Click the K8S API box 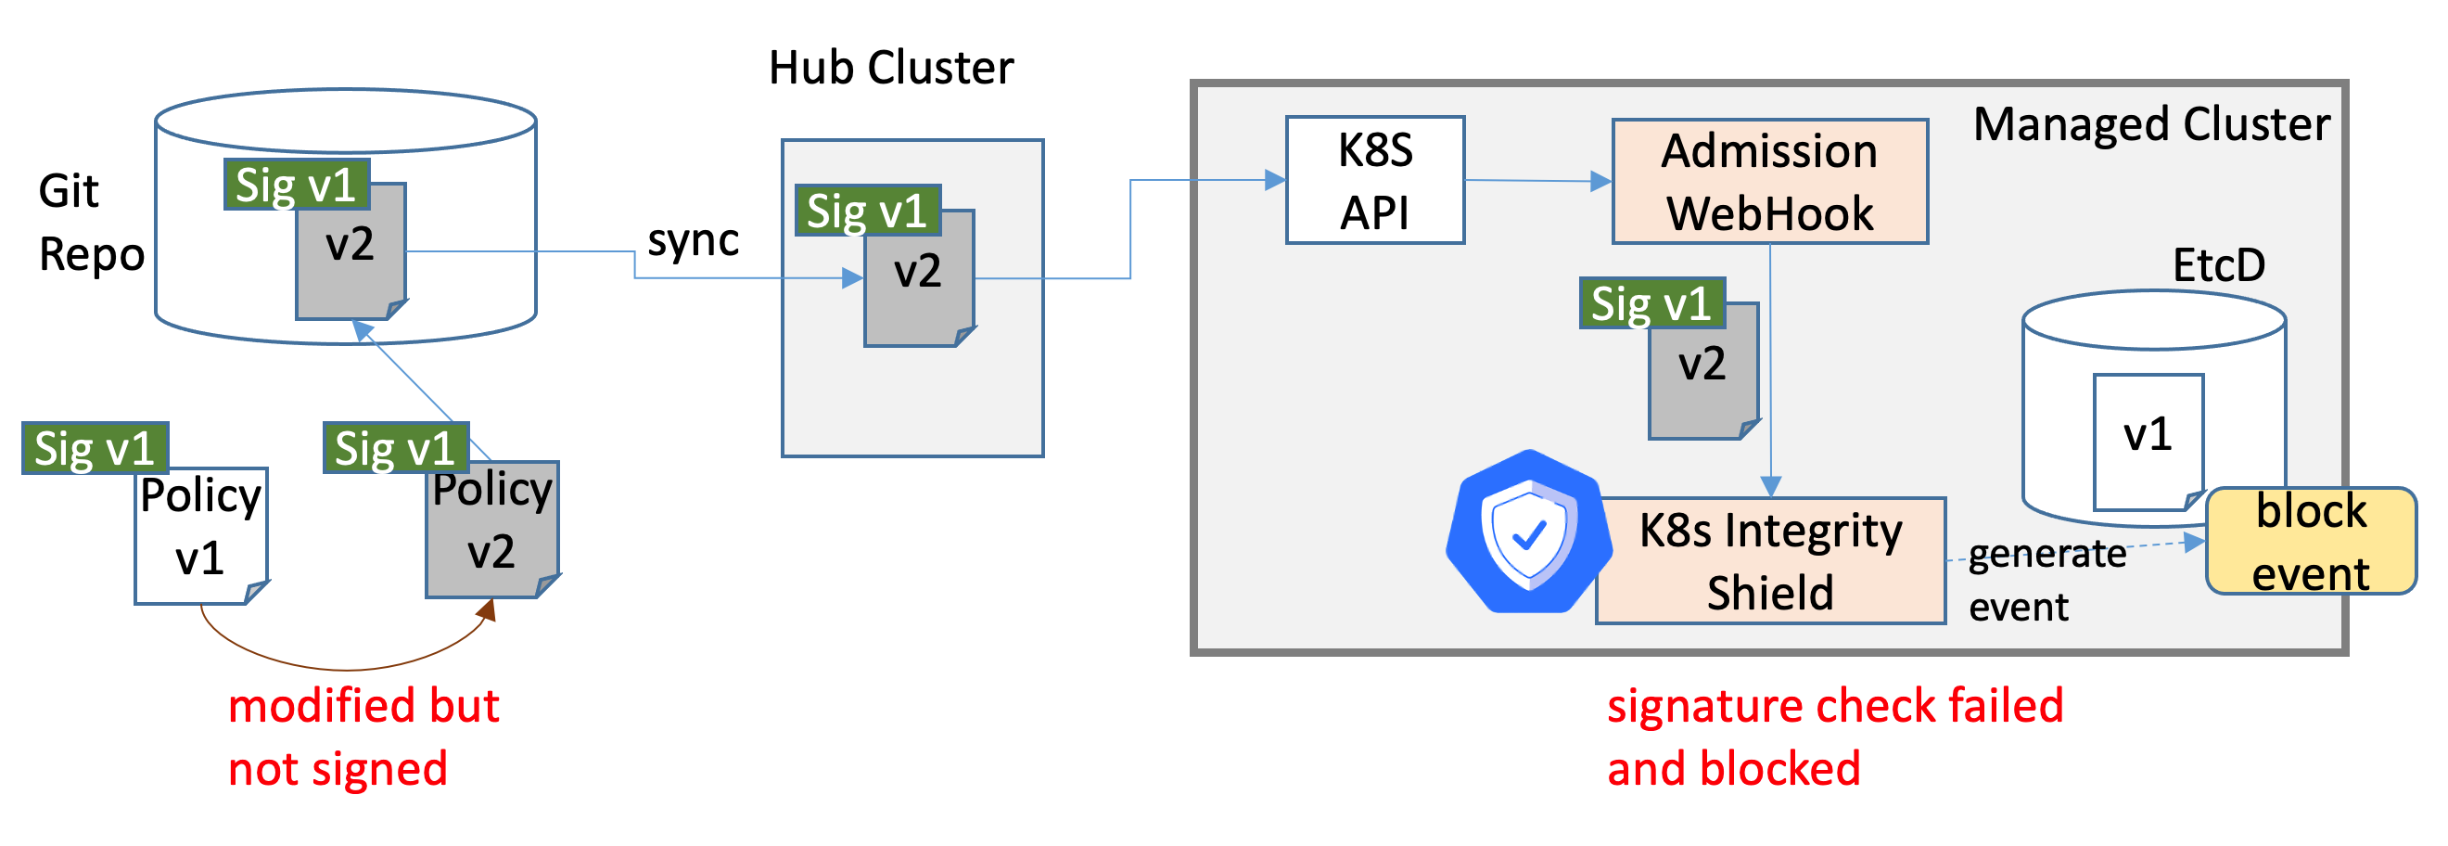pos(1374,181)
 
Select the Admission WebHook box pos(1768,182)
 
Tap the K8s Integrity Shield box pos(1769,561)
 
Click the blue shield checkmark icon pos(1527,533)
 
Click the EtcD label pos(2218,265)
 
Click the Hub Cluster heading pos(890,69)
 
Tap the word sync pos(693,240)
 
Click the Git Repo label pos(90,224)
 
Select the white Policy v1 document pos(200,537)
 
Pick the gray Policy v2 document pos(491,532)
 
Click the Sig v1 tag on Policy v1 pos(94,448)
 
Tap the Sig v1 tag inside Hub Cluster pos(867,210)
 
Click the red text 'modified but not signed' pos(363,737)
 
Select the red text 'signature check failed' pos(1834,706)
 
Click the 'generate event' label pos(2043,580)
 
